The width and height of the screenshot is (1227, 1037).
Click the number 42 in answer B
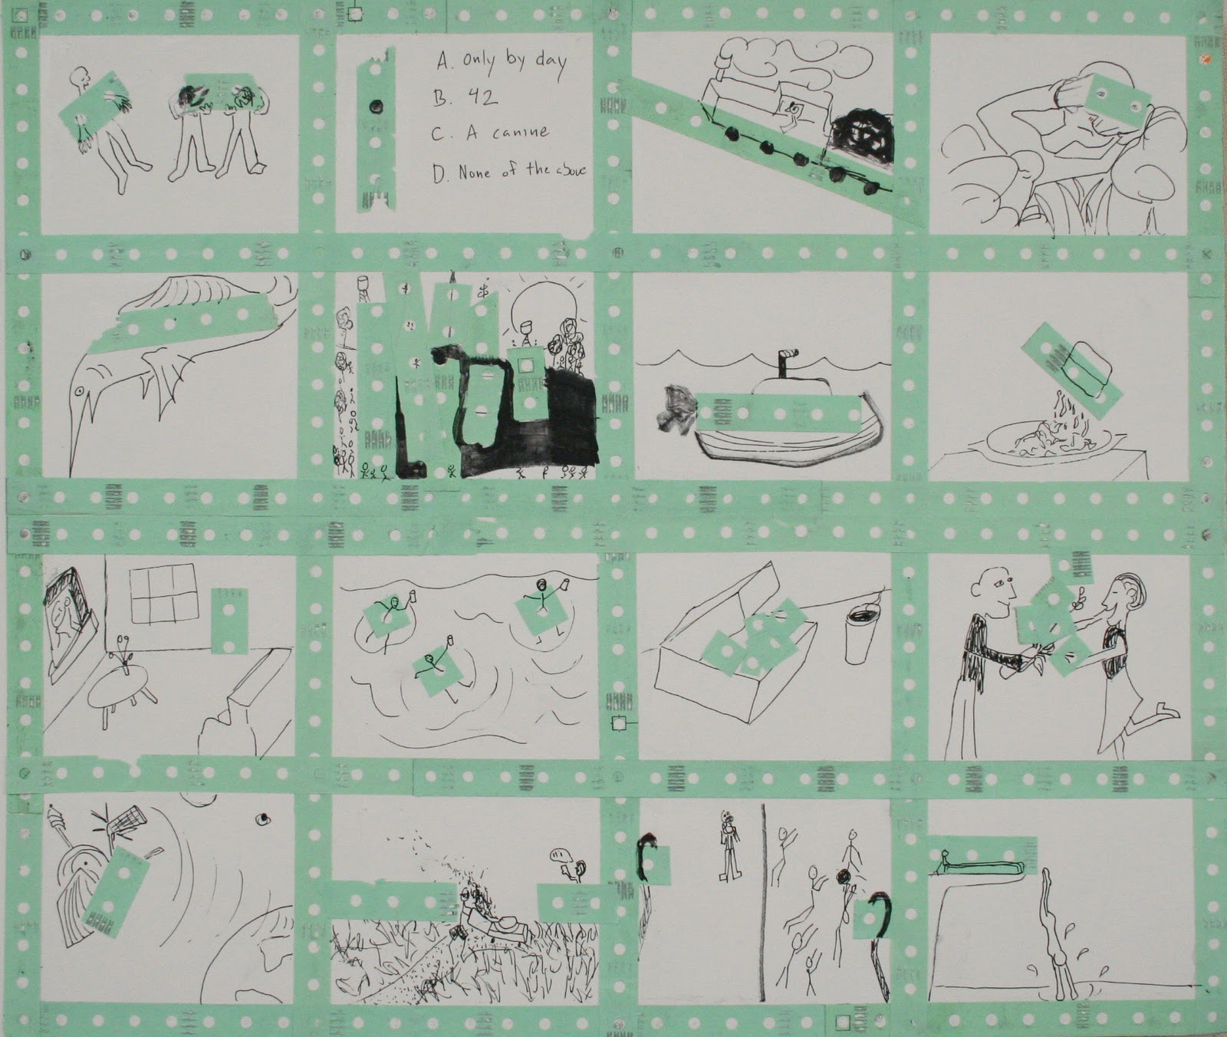tap(480, 97)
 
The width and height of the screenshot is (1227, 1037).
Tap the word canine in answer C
tap(521, 133)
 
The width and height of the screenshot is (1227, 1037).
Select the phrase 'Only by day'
tap(513, 62)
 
